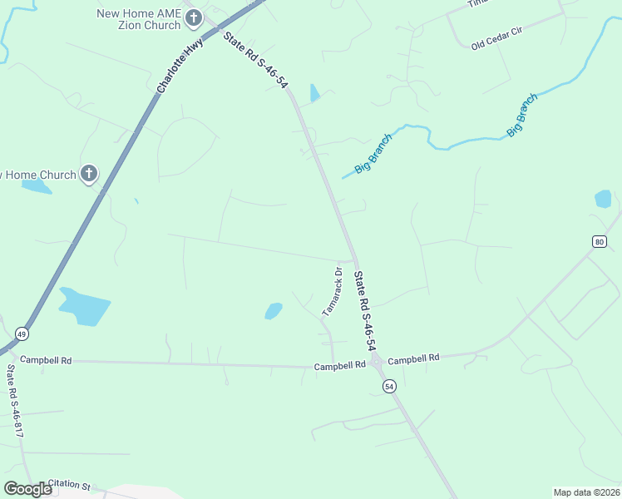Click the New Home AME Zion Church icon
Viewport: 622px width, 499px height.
(194, 18)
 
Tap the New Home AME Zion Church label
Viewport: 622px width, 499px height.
(138, 19)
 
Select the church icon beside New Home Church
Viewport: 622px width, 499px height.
(89, 175)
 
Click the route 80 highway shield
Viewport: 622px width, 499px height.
(600, 241)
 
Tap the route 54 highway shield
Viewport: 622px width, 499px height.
(388, 386)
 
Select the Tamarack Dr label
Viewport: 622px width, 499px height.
(332, 290)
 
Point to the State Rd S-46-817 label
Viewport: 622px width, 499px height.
(12, 400)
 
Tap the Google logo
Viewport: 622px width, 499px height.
(27, 489)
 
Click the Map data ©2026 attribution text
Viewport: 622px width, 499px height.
(586, 492)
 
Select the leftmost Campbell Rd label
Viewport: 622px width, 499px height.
(46, 360)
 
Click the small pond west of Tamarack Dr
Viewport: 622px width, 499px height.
(273, 311)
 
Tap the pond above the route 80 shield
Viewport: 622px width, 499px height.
(603, 199)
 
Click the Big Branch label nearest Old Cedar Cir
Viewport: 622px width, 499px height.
(522, 115)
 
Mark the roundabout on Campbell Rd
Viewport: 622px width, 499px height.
(377, 362)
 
